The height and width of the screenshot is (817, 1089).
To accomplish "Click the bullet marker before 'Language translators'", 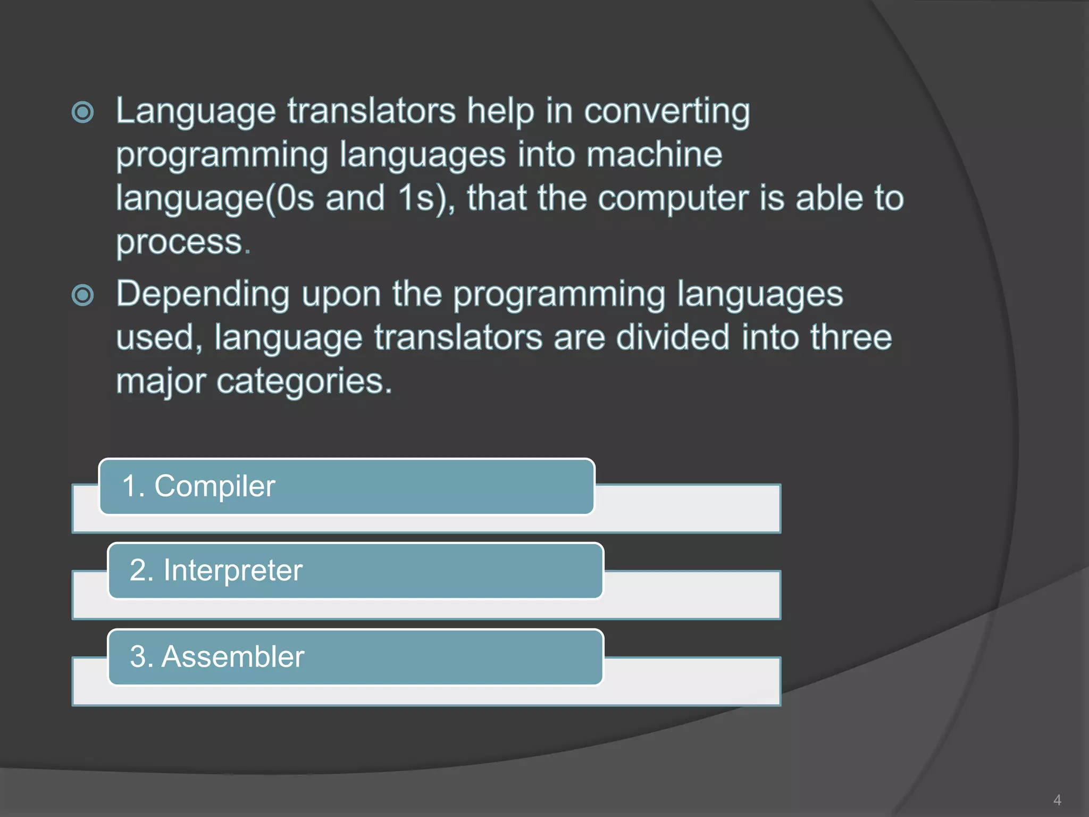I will pyautogui.click(x=83, y=112).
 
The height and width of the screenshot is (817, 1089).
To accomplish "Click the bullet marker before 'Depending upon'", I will pyautogui.click(x=83, y=295).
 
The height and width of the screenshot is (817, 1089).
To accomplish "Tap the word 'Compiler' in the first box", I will pyautogui.click(x=215, y=487).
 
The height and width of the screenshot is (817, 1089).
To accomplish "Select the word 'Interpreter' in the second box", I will pyautogui.click(x=233, y=571).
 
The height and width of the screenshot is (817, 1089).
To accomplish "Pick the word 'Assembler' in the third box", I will pyautogui.click(x=233, y=657).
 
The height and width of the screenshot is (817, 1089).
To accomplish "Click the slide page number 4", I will pyautogui.click(x=1057, y=800).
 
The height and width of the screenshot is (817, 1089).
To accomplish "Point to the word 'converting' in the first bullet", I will pyautogui.click(x=667, y=112).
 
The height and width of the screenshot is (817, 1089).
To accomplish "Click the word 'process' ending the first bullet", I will pyautogui.click(x=180, y=243).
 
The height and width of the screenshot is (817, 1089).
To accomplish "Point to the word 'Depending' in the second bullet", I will pyautogui.click(x=203, y=295).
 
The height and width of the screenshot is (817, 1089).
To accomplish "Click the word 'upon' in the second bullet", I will pyautogui.click(x=341, y=295).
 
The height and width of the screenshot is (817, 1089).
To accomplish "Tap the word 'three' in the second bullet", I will pyautogui.click(x=851, y=338).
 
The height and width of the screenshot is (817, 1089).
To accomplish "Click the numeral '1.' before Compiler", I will pyautogui.click(x=133, y=487).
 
